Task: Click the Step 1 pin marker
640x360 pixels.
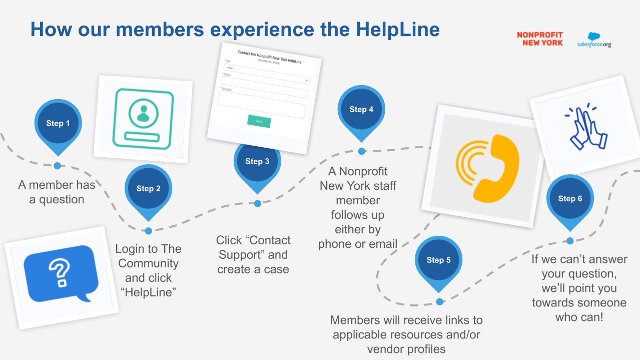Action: (x=58, y=124)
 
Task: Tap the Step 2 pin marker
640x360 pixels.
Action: (x=148, y=189)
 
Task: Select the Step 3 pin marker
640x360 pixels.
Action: (x=257, y=162)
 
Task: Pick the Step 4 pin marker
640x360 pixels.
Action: (x=361, y=110)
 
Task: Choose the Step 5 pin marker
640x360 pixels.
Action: (x=438, y=260)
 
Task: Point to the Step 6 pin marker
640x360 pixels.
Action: (x=570, y=199)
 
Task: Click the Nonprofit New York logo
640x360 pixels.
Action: (x=539, y=39)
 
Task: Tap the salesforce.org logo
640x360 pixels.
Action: (x=594, y=40)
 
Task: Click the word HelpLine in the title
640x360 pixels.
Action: (x=398, y=30)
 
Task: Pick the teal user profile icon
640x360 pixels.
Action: (x=143, y=117)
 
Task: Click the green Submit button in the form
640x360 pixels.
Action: (x=259, y=121)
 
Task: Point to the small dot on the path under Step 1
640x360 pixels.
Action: (x=57, y=166)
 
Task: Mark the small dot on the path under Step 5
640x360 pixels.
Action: (x=439, y=301)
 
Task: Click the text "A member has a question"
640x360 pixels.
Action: (x=57, y=192)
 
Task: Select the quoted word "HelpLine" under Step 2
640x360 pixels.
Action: (x=149, y=292)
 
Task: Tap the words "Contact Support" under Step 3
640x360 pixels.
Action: (x=253, y=247)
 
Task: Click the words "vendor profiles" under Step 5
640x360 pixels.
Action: (x=406, y=349)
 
